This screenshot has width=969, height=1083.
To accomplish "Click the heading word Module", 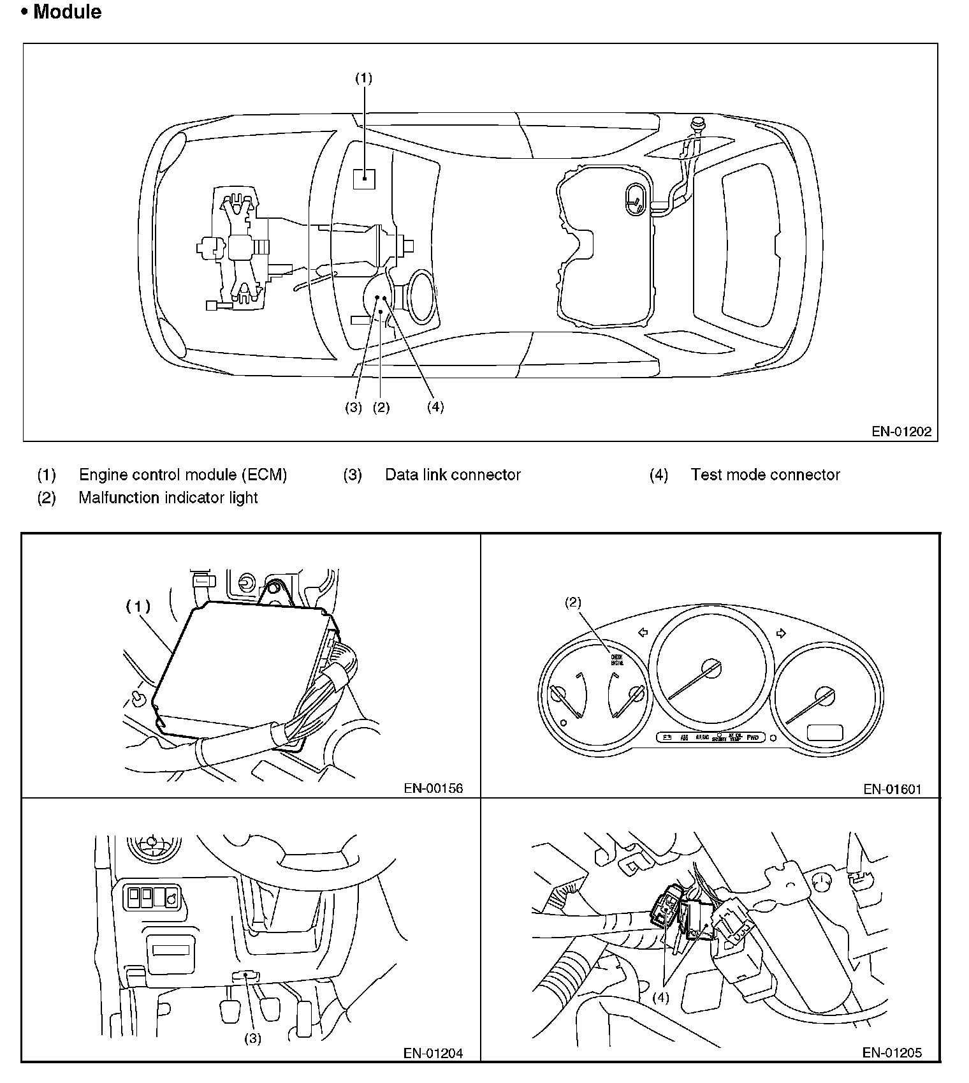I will point(67,11).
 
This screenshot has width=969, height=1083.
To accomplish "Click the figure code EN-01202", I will point(901,432).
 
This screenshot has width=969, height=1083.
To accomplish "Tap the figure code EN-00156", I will point(433,788).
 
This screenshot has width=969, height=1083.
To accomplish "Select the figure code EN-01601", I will point(892,789).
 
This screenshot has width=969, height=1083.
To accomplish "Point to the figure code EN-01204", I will point(433,1053).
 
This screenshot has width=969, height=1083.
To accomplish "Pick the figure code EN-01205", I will point(892,1052).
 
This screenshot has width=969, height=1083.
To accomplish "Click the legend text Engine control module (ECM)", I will point(183,475).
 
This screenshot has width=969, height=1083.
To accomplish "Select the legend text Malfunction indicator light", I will point(168,497).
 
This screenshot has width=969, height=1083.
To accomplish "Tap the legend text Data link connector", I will point(453,475).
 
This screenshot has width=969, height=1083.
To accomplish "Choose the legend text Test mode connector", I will point(765,475).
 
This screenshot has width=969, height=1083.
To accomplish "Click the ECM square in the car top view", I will point(364,179).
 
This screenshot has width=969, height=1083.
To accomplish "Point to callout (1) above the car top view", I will point(363,78).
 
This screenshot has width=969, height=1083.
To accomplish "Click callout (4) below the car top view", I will point(435,407).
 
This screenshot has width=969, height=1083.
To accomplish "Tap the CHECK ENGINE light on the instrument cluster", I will point(616,659).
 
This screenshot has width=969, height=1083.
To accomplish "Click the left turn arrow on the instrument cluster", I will point(643,632).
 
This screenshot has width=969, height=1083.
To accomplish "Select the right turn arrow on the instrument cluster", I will point(782,633).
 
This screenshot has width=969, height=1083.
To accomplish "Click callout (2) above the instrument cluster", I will point(573,602).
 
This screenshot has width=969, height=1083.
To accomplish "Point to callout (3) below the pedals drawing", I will point(252,1038).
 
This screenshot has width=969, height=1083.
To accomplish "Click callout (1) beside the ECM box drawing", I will point(138,607).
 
